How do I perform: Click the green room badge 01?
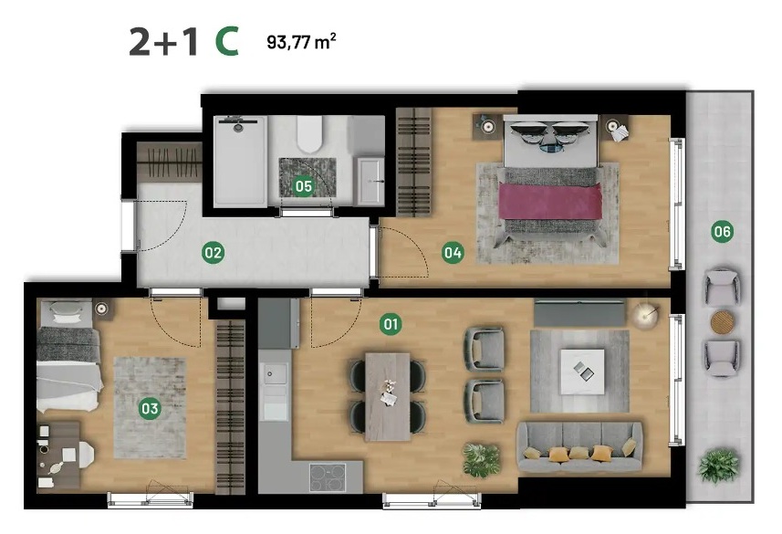[x=391, y=324]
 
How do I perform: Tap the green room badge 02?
[x=213, y=253]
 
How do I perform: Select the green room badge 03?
[x=150, y=409]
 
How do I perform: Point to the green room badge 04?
[x=453, y=253]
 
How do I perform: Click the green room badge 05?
[x=303, y=186]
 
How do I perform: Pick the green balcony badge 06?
[x=722, y=232]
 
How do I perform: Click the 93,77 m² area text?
[x=301, y=41]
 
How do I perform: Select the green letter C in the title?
[x=227, y=41]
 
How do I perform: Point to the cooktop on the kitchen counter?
[x=328, y=477]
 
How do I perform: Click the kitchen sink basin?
[x=275, y=373]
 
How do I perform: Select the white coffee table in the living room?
[x=582, y=372]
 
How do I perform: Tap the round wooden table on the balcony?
[x=722, y=322]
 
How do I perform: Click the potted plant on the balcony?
[x=718, y=466]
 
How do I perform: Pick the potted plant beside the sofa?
[x=481, y=460]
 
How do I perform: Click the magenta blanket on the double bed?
[x=550, y=201]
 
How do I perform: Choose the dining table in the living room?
[x=388, y=397]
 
